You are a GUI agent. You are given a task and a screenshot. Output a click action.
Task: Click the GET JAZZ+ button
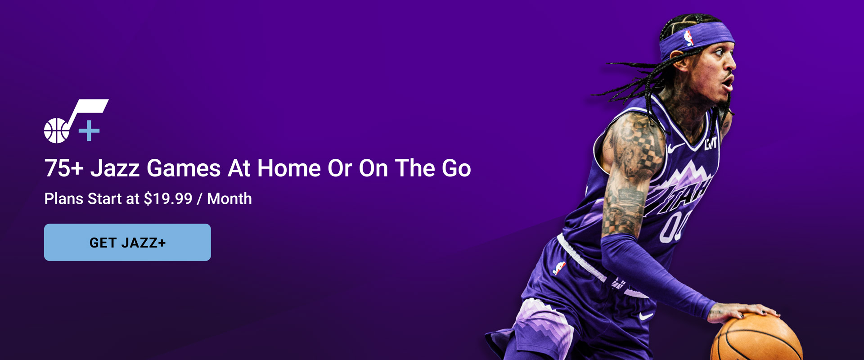pos(127,242)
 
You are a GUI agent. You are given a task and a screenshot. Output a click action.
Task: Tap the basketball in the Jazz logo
pos(57,130)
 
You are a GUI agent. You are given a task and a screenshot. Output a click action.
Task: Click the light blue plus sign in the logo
pos(89,130)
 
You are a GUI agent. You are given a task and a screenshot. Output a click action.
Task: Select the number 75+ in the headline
pos(64,168)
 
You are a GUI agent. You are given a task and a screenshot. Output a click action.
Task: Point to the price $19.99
pos(168,198)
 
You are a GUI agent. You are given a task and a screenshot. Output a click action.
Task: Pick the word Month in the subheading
pos(229,198)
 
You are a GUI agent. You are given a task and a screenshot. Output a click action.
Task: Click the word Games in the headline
pos(184,168)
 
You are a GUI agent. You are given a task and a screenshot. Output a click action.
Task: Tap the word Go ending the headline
pos(456,168)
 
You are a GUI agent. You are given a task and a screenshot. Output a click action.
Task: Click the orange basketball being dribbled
pos(757,338)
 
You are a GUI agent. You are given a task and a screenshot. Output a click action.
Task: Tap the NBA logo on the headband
pos(688,38)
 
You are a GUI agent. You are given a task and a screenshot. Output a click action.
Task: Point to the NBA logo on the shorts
pos(559,268)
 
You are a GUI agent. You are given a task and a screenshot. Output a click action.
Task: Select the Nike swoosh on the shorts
pos(646,316)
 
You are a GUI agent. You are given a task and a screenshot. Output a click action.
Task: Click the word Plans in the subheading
pos(63,198)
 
